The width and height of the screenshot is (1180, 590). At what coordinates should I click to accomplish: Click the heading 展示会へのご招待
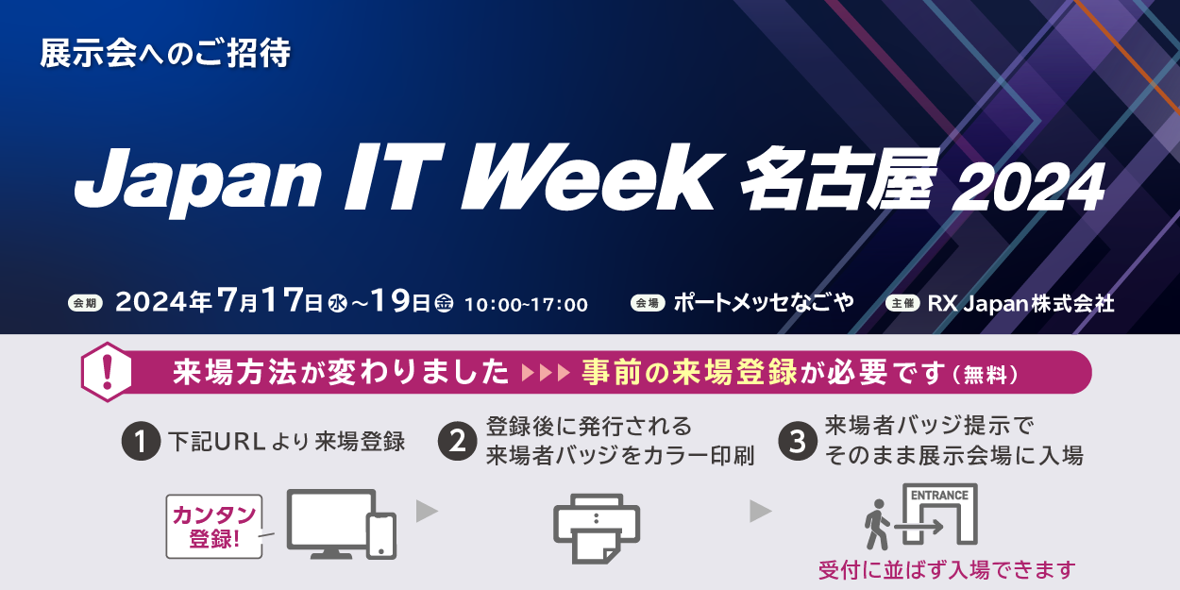point(165,53)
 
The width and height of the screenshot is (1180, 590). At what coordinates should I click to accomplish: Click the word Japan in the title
point(197,180)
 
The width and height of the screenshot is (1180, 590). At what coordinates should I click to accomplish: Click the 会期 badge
point(85,303)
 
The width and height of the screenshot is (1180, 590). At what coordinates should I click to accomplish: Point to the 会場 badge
point(648,303)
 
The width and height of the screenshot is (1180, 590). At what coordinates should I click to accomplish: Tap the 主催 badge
point(902,303)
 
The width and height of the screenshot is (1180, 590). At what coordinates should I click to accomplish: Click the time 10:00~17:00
point(526,305)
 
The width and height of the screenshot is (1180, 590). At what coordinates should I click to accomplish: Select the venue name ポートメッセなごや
point(764,303)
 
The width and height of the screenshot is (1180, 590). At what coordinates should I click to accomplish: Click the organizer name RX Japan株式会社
point(1020,303)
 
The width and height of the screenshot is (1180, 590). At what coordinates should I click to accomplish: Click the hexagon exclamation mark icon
point(107,372)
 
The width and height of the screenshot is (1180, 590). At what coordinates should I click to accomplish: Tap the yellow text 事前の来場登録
point(689,373)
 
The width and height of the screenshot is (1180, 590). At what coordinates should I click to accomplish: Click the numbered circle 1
point(141,442)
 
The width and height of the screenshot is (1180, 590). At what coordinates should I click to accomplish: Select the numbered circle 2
point(457,442)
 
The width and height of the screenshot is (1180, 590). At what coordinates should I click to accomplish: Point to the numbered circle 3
point(798,442)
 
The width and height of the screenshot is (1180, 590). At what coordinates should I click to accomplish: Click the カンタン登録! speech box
point(214,526)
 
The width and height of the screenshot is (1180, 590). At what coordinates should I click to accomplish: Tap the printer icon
point(597,529)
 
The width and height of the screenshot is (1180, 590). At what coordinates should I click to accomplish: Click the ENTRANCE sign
point(940,496)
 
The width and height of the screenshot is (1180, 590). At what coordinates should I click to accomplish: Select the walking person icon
point(876,525)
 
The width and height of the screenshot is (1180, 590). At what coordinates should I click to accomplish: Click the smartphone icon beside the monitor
point(382,536)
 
